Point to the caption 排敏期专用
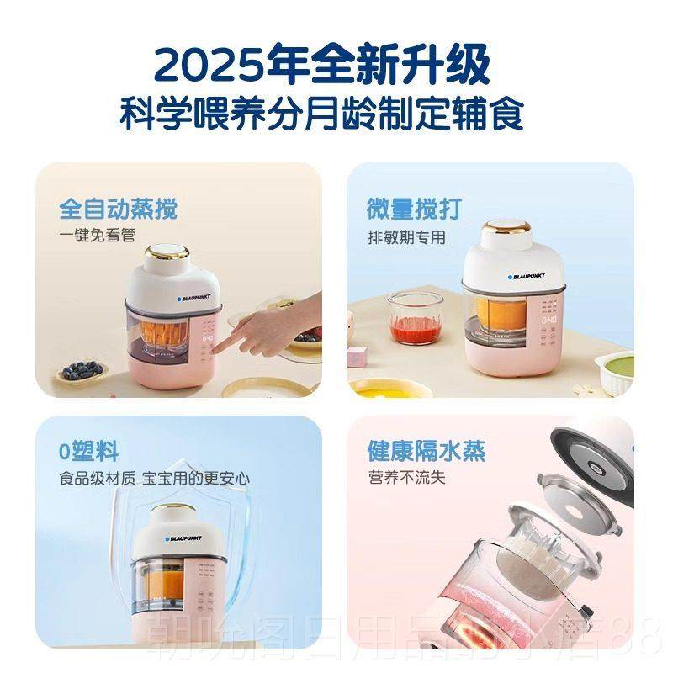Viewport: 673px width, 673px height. [405, 236]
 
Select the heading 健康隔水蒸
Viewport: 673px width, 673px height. [427, 450]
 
